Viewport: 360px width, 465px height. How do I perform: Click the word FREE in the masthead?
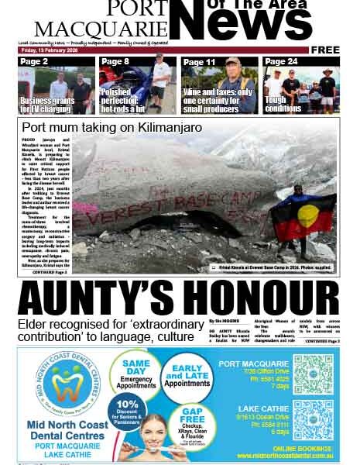[325, 50]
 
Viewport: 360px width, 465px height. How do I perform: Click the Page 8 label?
[115, 61]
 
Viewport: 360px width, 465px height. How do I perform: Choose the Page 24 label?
[280, 61]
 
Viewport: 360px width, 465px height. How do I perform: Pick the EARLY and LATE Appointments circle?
[187, 376]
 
